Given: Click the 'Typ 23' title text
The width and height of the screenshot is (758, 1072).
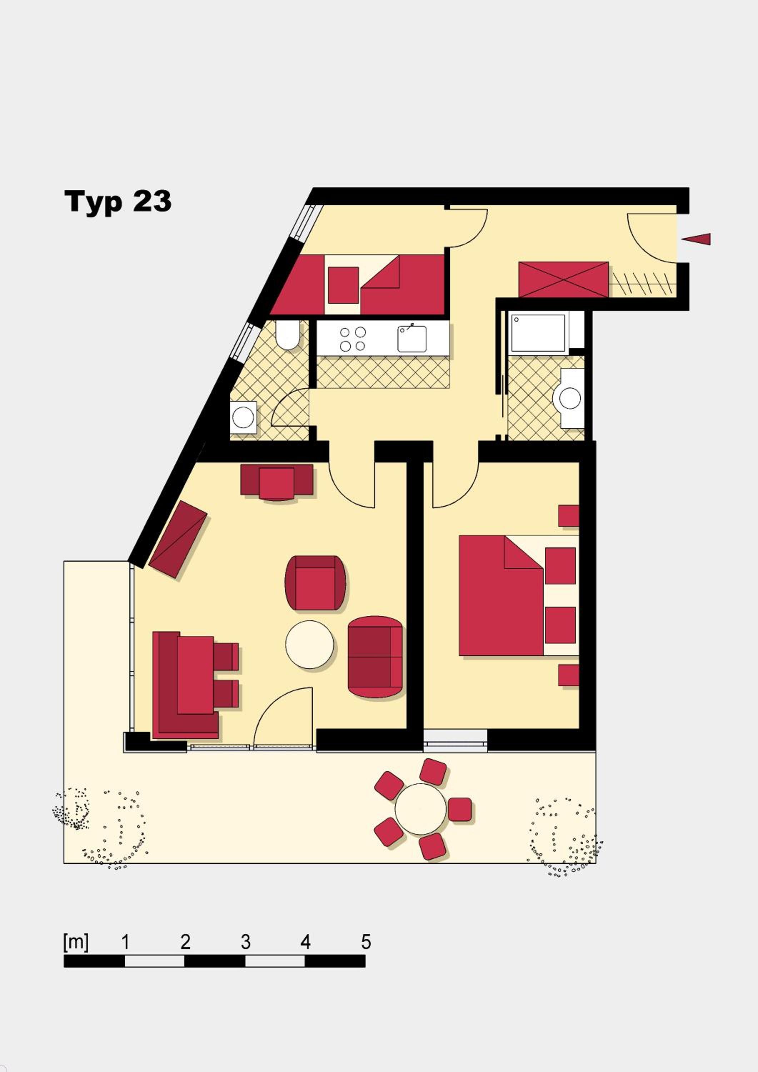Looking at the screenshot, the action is tap(118, 202).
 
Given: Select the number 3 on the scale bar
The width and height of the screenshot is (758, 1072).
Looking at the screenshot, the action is tap(245, 942).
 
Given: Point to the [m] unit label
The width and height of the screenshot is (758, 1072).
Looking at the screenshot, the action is tap(76, 943).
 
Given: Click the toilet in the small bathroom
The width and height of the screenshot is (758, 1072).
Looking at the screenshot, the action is tap(288, 335).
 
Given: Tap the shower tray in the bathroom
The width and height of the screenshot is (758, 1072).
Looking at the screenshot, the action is tap(539, 332).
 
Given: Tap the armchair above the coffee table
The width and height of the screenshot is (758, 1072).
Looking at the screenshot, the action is tap(315, 583).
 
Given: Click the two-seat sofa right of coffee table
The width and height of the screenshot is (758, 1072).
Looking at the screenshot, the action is tap(375, 657).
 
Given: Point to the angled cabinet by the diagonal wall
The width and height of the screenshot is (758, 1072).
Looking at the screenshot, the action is tap(178, 539).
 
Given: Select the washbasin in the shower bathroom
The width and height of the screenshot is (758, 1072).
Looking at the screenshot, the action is tap(570, 398).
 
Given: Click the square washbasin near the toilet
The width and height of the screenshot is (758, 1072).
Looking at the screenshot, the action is tap(243, 417).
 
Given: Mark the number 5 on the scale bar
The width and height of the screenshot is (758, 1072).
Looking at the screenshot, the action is tap(366, 942).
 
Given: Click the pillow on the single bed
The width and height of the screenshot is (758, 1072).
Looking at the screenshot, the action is tap(343, 285).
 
